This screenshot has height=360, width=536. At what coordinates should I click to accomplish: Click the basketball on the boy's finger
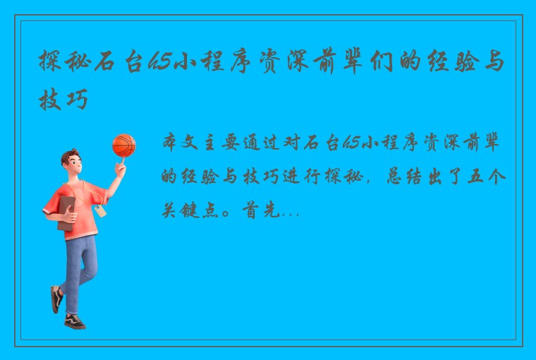(123, 145)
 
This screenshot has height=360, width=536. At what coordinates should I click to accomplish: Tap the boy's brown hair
(70, 156)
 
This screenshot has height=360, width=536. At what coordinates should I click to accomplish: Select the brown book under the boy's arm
(66, 212)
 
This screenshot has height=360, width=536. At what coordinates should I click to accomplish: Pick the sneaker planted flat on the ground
(74, 321)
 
